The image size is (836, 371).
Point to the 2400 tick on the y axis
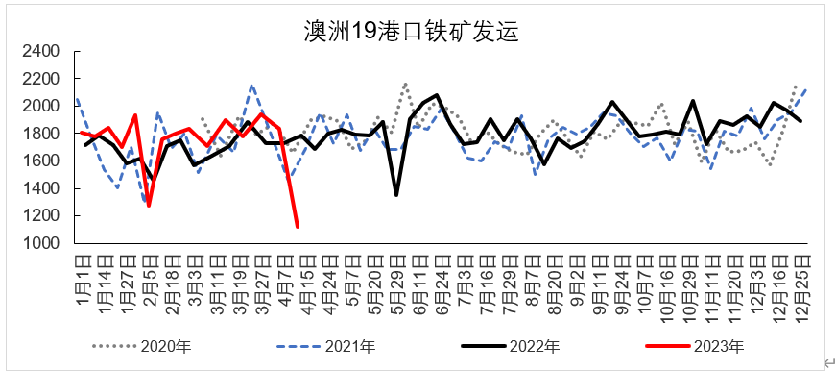(41, 51)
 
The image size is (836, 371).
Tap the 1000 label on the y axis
(41, 244)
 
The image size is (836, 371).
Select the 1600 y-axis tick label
(41, 161)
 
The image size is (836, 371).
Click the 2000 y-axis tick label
(41, 106)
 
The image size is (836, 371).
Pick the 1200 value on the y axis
(41, 216)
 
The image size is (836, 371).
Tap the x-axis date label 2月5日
(150, 278)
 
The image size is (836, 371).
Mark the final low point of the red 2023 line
(297, 227)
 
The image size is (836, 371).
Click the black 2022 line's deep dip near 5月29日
(396, 195)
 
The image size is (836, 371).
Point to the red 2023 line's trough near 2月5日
(149, 206)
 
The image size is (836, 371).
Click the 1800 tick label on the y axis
(41, 134)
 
